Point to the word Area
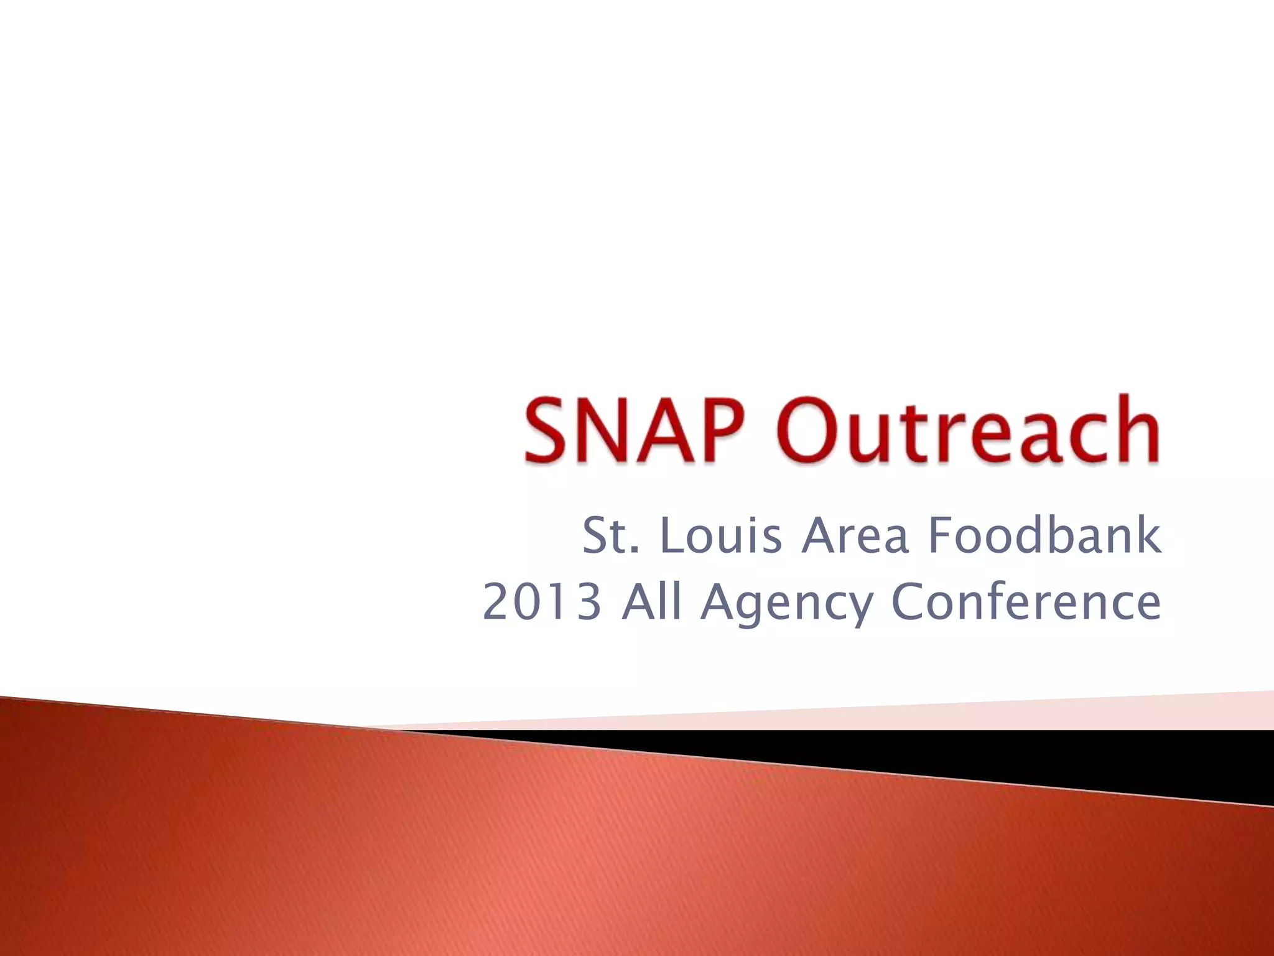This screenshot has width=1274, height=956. tap(855, 536)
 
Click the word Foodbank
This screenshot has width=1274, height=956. tap(1044, 536)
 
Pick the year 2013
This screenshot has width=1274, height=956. tap(542, 602)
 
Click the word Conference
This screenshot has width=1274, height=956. tap(1026, 602)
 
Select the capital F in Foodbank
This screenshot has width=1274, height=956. tap(941, 536)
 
